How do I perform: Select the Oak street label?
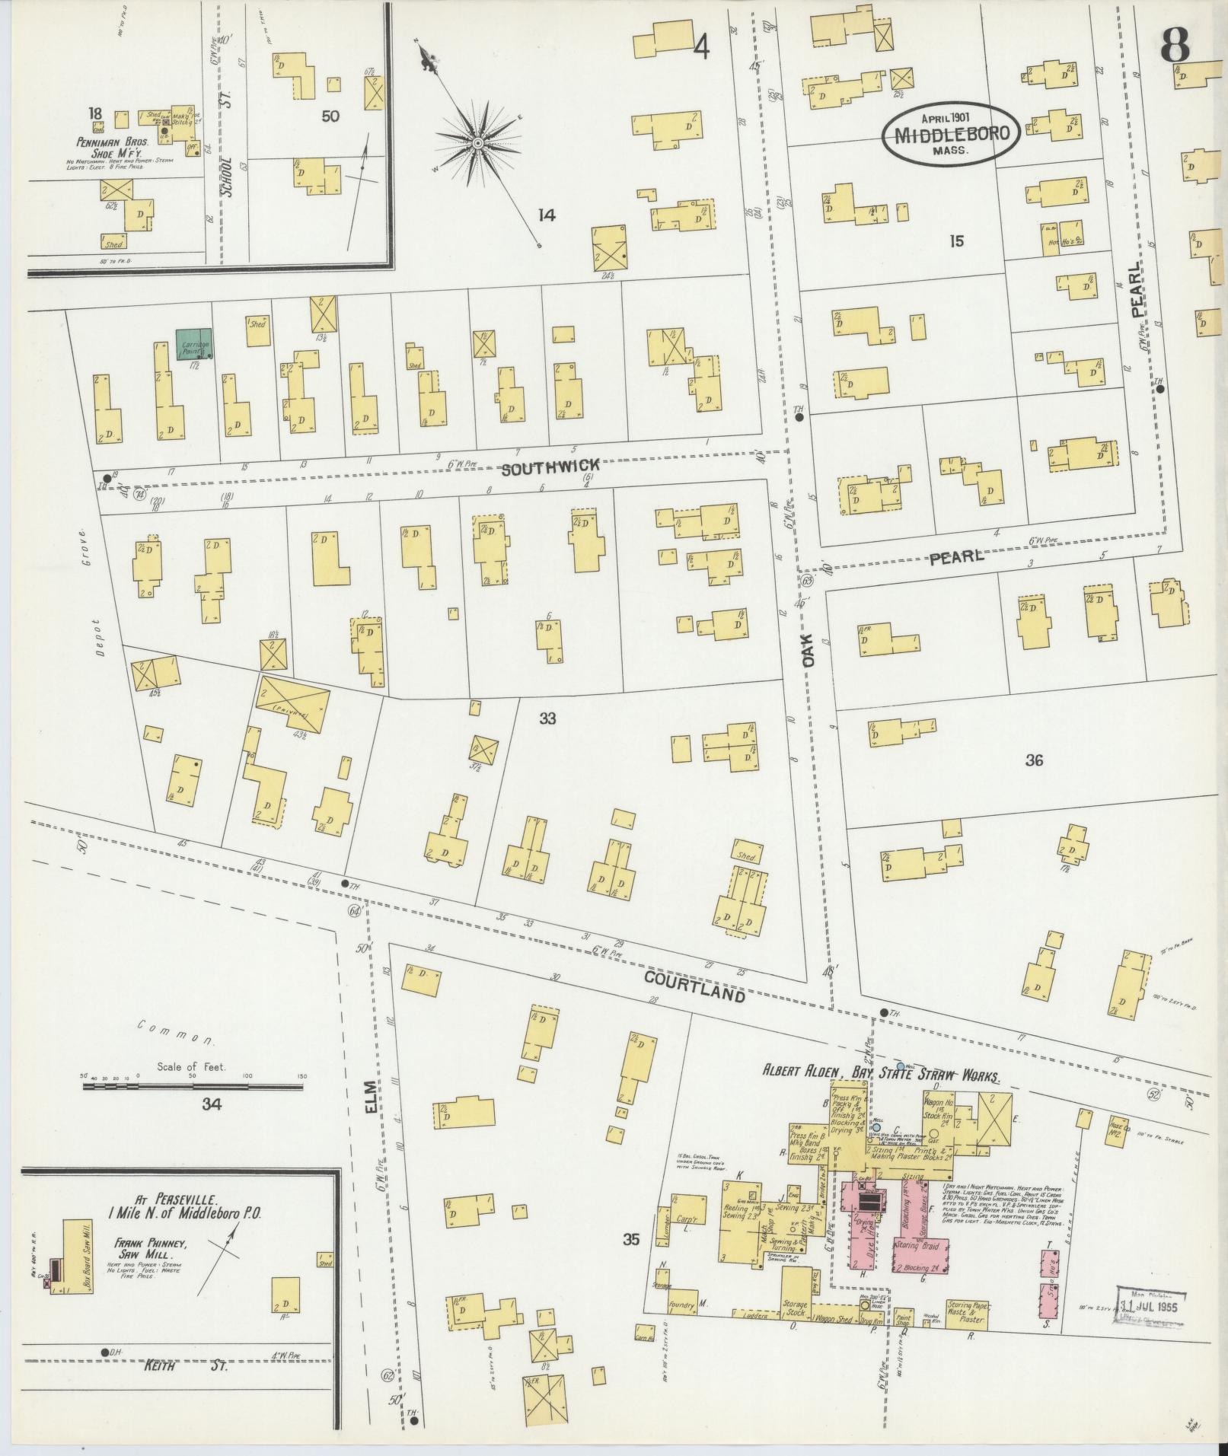[x=808, y=651]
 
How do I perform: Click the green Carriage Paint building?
[x=194, y=344]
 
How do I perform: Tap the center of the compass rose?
[x=477, y=143]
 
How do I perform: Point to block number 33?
[x=547, y=718]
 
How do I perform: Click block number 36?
[x=1033, y=760]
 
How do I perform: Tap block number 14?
[x=546, y=215]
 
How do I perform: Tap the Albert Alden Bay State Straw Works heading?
[x=881, y=1071]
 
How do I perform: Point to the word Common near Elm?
[x=176, y=1031]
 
